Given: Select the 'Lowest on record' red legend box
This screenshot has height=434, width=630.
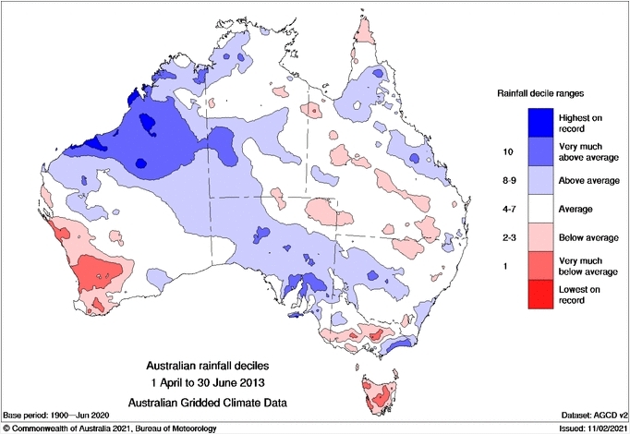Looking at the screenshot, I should point(541,298).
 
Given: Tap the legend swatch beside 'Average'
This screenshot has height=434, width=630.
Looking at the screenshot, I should point(541,211).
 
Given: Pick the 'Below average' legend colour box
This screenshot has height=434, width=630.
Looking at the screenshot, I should point(541,239).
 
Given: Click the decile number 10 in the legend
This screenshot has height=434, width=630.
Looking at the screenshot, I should point(504,150).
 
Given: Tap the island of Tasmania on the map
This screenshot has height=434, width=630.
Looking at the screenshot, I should point(379,392).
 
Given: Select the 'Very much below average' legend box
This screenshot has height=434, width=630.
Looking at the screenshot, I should point(541,269).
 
